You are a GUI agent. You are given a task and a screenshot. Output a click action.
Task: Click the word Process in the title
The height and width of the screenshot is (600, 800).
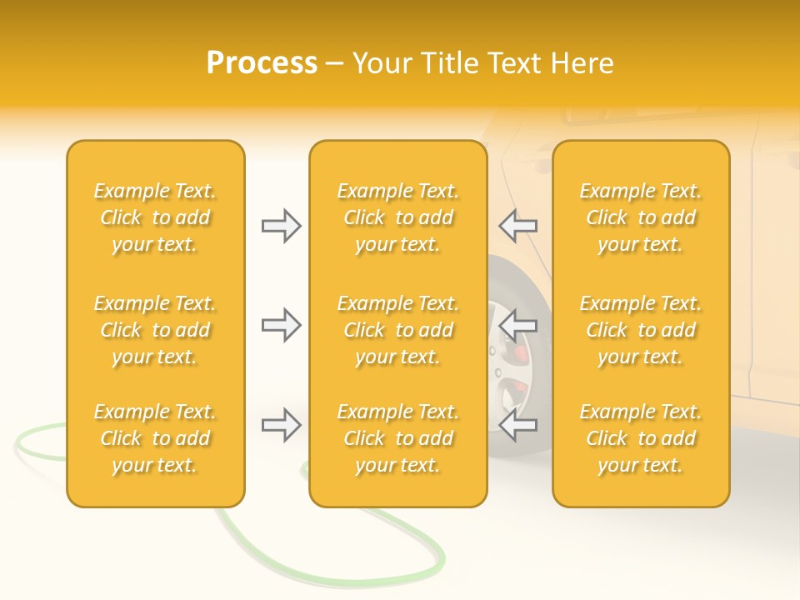pyautogui.click(x=262, y=63)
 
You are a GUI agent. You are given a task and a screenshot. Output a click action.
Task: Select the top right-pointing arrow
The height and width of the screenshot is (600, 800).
pyautogui.click(x=281, y=226)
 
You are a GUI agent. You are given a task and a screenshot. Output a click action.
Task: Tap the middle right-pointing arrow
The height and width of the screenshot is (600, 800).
pyautogui.click(x=281, y=325)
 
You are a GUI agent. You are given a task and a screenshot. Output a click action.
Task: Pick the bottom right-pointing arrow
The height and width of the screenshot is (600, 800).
pyautogui.click(x=281, y=426)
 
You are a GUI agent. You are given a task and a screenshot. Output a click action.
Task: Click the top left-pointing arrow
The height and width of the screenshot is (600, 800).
pyautogui.click(x=517, y=226)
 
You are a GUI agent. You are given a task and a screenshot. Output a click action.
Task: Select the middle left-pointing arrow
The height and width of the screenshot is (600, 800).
pyautogui.click(x=517, y=325)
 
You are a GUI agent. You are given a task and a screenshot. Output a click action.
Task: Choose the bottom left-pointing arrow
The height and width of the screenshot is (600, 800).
pyautogui.click(x=517, y=426)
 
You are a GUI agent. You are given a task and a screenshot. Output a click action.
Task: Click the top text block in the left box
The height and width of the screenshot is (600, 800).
pyautogui.click(x=155, y=217)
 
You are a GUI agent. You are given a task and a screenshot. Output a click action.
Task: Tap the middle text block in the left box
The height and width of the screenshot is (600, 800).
pyautogui.click(x=155, y=330)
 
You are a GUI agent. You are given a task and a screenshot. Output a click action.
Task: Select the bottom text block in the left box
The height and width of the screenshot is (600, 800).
pyautogui.click(x=155, y=438)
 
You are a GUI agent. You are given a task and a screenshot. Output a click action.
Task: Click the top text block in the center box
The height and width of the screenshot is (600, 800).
pyautogui.click(x=397, y=217)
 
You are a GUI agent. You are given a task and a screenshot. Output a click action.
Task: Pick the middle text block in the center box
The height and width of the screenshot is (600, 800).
pyautogui.click(x=397, y=330)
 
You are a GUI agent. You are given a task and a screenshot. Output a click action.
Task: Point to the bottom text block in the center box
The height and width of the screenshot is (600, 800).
pyautogui.click(x=397, y=438)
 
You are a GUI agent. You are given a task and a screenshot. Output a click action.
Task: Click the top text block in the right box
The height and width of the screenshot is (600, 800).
pyautogui.click(x=641, y=217)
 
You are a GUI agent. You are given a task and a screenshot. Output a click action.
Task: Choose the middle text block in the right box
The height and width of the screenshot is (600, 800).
pyautogui.click(x=641, y=330)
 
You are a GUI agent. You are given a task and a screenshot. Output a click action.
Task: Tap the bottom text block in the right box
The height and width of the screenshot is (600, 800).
pyautogui.click(x=641, y=438)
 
